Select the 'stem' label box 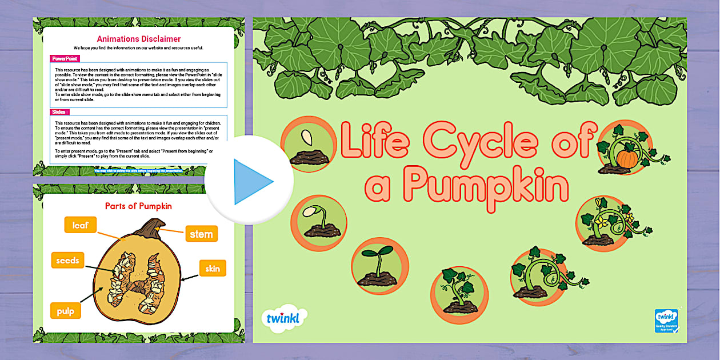pos(201,233)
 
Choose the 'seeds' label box pos(67,261)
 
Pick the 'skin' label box pos(213,268)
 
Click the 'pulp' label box pos(65,311)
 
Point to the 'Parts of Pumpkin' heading pos(138,206)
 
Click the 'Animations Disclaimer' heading pos(138,39)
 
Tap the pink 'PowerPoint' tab pos(65,58)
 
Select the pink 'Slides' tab pos(59,112)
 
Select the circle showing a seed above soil pos(309,146)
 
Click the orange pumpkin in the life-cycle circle pos(627,158)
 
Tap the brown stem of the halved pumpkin pos(152,231)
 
